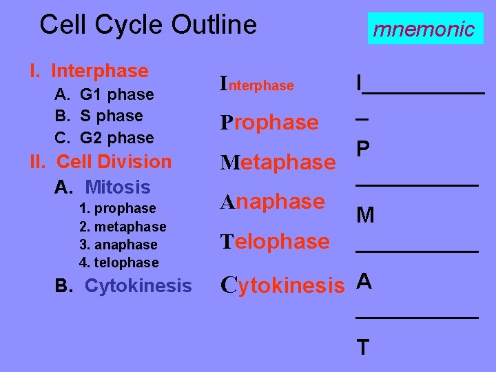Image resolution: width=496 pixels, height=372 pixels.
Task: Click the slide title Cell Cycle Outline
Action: pos(148,25)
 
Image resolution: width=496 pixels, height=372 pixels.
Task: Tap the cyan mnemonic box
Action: pos(424,29)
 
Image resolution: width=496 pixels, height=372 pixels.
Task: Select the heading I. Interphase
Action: pos(89,71)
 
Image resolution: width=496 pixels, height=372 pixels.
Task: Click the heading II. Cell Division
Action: pos(101,162)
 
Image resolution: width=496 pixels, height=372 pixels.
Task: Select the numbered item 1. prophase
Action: pos(118,208)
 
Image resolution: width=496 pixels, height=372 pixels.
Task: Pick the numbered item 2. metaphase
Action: pos(123,227)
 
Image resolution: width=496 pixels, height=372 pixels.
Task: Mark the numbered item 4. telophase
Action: pos(119,262)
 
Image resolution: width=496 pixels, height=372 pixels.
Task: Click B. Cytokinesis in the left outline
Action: pos(123,285)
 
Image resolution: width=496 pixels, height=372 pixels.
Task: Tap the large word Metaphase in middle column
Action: pos(278,163)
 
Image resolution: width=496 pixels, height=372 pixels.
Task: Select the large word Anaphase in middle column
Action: pos(272,202)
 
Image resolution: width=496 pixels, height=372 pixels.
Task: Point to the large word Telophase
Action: pos(275,241)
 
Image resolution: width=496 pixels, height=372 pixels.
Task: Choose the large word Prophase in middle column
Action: pos(269,123)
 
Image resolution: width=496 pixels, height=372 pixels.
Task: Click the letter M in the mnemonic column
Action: pos(365,216)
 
